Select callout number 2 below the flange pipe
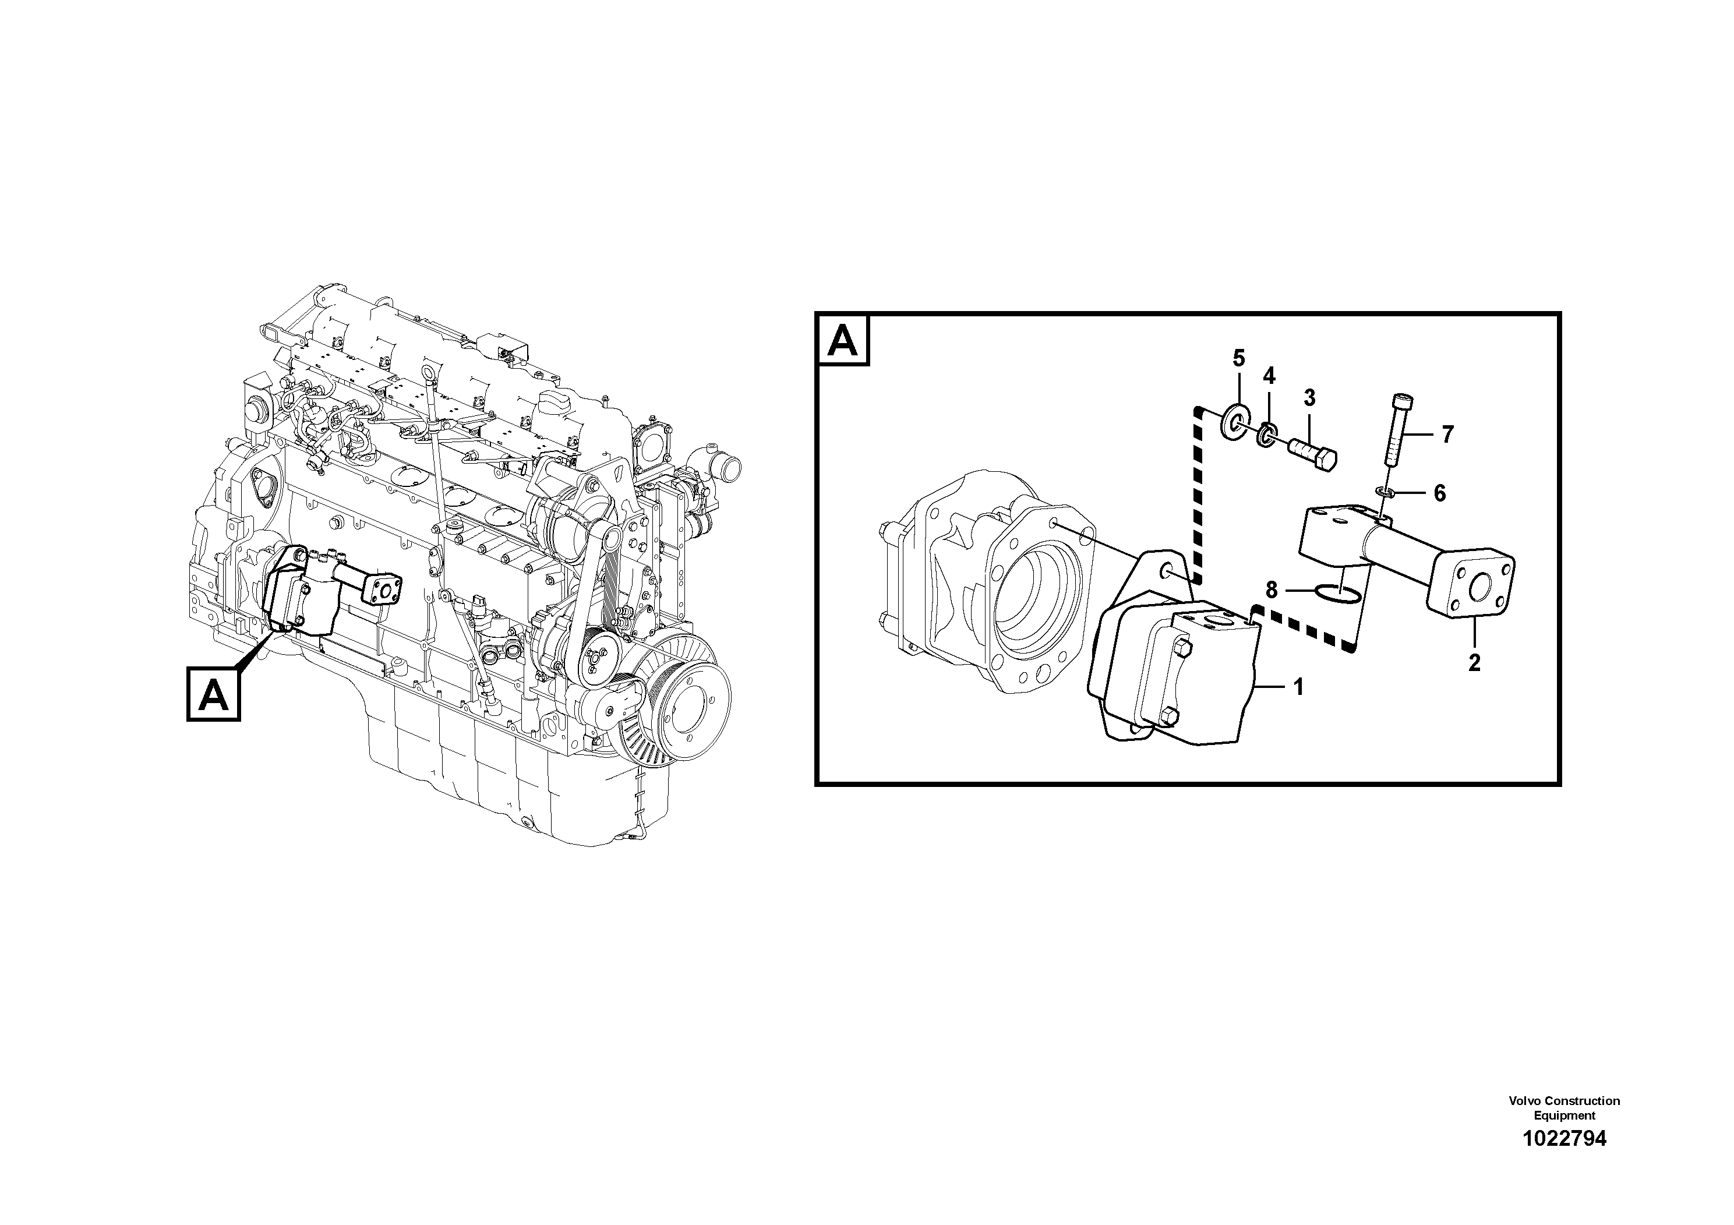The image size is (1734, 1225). pyautogui.click(x=1474, y=662)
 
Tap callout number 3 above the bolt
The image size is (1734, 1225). pyautogui.click(x=1309, y=397)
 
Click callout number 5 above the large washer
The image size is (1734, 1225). pyautogui.click(x=1238, y=358)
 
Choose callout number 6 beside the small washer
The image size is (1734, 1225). pyautogui.click(x=1439, y=493)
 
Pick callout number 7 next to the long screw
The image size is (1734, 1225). pyautogui.click(x=1447, y=435)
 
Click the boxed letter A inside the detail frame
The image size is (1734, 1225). pyautogui.click(x=843, y=341)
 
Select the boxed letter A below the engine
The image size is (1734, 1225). pyautogui.click(x=214, y=694)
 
